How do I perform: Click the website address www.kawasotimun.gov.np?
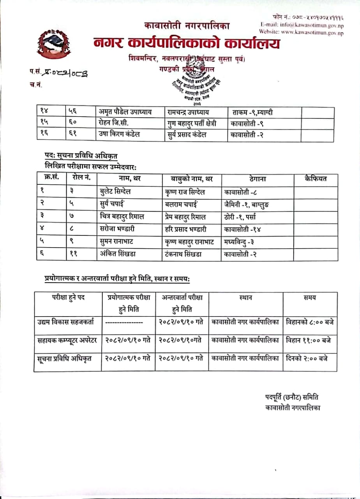coord(301,33)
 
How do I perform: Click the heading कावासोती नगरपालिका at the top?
coord(187,26)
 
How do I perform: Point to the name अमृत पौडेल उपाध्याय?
coord(125,112)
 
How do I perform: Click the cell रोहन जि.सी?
coord(115,123)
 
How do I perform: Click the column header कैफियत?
coord(316,179)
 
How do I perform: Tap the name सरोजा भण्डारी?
coord(117,229)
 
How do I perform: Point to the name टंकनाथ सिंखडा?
coord(183,254)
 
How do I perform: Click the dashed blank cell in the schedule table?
coord(124,322)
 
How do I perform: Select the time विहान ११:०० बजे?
coord(309,340)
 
